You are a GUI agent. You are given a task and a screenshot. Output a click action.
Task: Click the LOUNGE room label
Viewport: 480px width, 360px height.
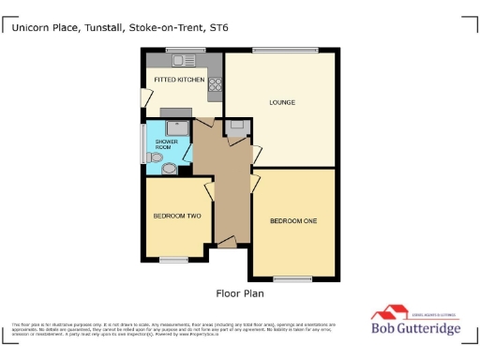282,101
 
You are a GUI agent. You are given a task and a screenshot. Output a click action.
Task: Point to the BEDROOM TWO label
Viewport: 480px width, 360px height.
177,216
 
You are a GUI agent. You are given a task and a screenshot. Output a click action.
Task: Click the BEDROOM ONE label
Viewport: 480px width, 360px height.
292,221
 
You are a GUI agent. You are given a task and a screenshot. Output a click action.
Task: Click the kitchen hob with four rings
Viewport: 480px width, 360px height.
216,85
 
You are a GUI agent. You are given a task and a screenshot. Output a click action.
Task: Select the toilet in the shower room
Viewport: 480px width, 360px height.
169,168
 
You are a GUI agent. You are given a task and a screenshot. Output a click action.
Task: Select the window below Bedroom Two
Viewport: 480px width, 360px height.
173,259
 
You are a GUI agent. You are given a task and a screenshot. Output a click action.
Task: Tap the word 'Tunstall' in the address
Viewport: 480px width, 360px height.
105,28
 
